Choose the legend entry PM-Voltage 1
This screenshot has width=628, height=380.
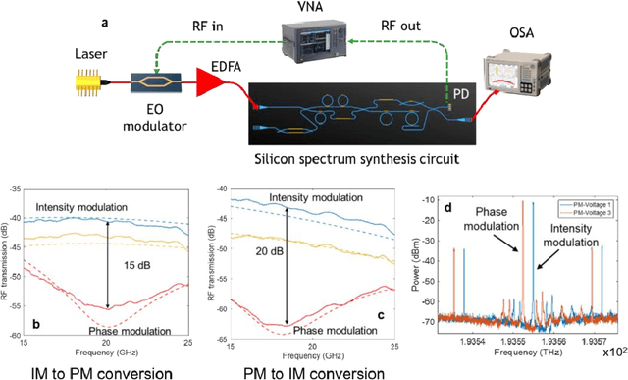click(x=593, y=201)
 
